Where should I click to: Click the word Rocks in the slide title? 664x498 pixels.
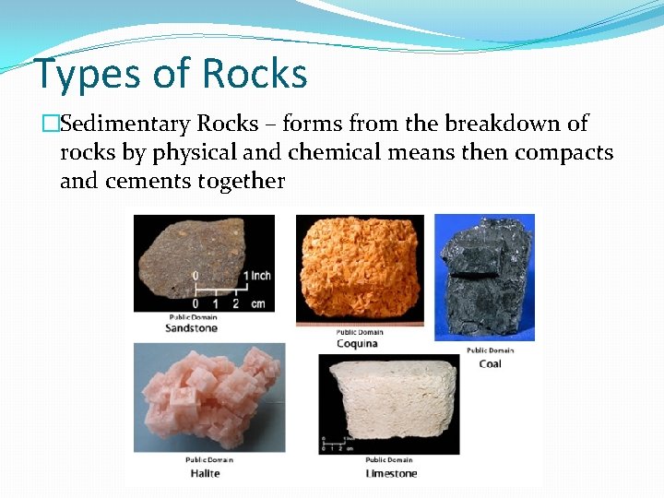[254, 74]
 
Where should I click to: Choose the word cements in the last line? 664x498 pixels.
[148, 181]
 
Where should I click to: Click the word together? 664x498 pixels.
[241, 181]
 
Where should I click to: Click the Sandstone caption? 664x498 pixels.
[191, 327]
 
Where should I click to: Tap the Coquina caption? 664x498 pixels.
[357, 344]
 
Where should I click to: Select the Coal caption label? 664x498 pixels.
[490, 363]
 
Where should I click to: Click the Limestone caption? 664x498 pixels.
[391, 473]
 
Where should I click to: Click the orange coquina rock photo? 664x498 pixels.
[360, 267]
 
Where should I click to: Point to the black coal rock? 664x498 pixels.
[483, 277]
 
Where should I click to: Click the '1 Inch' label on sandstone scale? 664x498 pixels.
[256, 276]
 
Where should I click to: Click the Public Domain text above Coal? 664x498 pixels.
[490, 350]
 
